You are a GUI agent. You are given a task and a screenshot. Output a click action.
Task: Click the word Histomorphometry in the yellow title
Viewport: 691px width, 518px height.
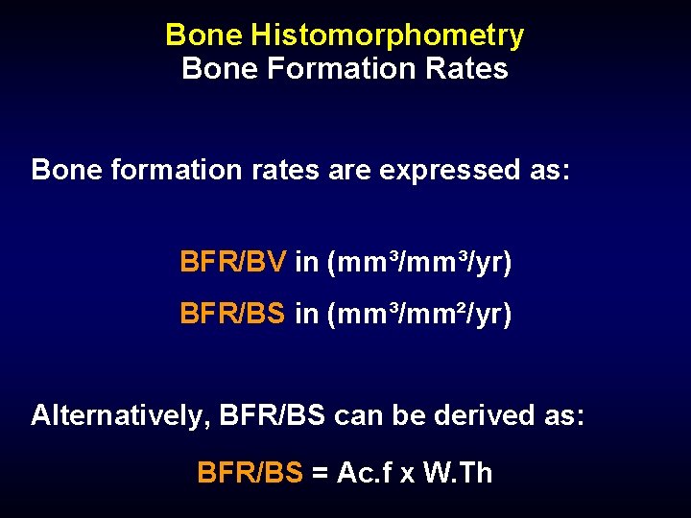pos(387,35)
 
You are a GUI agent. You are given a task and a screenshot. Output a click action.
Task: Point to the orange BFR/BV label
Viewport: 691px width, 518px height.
pos(232,262)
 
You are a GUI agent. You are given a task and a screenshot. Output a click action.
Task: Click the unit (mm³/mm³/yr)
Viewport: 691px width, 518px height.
pos(419,263)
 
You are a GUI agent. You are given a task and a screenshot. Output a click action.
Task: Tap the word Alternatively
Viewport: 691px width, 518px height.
pos(120,415)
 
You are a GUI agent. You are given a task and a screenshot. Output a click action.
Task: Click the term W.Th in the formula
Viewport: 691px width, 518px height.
pos(457,472)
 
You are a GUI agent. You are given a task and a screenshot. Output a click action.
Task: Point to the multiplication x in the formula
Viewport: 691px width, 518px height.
pos(408,475)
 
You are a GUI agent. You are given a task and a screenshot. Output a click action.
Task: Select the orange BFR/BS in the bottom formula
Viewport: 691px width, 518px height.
pos(250,472)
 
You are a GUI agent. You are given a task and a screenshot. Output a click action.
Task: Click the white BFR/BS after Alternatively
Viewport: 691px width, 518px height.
pos(273,415)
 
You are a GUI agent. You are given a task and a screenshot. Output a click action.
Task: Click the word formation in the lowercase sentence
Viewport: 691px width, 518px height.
pos(161,170)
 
